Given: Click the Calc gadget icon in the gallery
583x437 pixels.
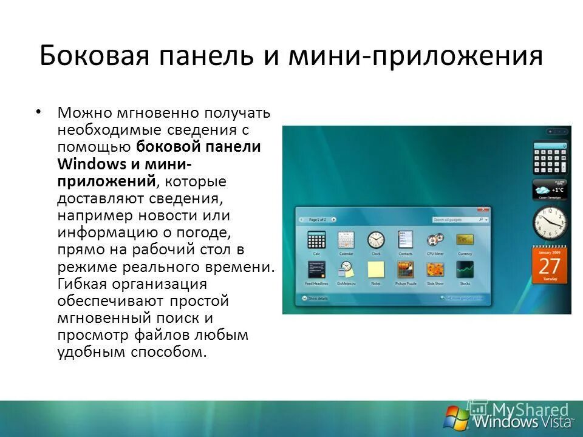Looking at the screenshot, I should click(x=316, y=240).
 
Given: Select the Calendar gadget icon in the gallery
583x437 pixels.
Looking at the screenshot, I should click(x=346, y=240).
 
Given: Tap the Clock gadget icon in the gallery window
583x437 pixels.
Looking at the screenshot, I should click(x=376, y=240).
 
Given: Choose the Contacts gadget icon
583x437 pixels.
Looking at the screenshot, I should click(x=406, y=240).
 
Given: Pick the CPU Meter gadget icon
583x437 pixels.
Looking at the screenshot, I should click(x=435, y=240).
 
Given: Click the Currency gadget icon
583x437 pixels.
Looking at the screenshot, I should click(x=465, y=240).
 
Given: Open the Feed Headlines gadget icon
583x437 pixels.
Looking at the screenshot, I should click(x=316, y=269).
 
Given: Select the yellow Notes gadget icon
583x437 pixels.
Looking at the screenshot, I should click(x=376, y=269).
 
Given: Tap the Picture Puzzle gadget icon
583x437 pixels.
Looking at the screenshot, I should click(x=406, y=269).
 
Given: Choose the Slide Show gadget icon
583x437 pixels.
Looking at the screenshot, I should click(x=435, y=269).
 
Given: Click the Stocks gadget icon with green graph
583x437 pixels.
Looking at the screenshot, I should click(x=465, y=269).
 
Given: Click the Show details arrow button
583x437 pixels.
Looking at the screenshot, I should click(x=304, y=299).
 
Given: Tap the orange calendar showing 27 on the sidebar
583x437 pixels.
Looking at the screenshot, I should click(x=550, y=265).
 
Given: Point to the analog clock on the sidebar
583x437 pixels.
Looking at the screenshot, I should click(x=550, y=223).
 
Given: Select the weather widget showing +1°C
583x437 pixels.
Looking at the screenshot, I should click(x=550, y=189).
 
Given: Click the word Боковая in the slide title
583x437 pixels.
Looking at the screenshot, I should click(x=88, y=56).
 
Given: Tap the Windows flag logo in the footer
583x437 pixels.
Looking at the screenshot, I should click(x=457, y=418).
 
